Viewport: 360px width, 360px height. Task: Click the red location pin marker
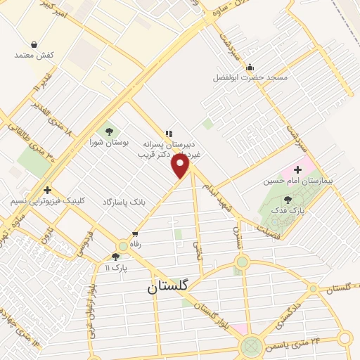(x=181, y=166)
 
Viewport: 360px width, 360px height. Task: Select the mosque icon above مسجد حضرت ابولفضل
(x=250, y=67)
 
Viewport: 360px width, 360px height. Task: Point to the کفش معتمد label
(x=34, y=55)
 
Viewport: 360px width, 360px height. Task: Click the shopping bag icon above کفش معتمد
(x=34, y=44)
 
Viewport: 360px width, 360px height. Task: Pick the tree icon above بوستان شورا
(x=108, y=130)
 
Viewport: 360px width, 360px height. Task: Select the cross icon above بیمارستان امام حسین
(x=297, y=169)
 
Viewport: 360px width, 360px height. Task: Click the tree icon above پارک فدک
(x=288, y=200)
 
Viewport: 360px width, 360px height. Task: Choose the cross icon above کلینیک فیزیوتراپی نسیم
(x=47, y=190)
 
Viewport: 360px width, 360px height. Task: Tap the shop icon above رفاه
(x=135, y=234)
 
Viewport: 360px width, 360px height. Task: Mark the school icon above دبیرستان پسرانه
(x=169, y=133)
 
